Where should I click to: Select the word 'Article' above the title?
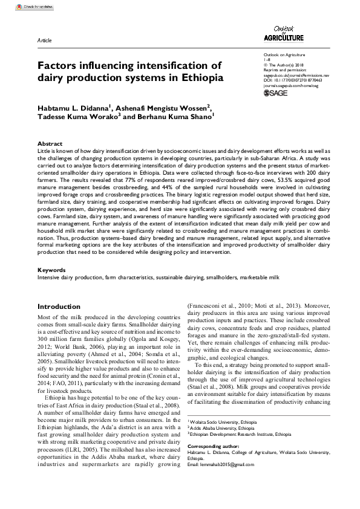[44, 40]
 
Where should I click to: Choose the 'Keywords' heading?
[51, 270]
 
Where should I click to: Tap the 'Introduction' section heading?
[59, 306]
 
